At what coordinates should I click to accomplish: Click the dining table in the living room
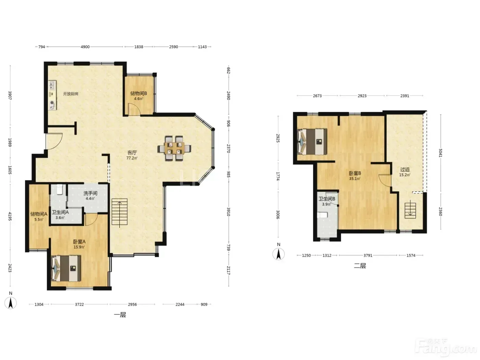coord(174,148)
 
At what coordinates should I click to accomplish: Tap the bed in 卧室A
coord(66,268)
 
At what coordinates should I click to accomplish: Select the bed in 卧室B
coord(312,142)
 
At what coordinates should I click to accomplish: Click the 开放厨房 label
coord(71,94)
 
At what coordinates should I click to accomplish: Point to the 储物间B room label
coord(139,93)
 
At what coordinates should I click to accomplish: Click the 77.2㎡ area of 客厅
coord(132,158)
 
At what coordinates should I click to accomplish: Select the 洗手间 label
coord(90,193)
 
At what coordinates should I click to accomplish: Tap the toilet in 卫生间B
coord(322,215)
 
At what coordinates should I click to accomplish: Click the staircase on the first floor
coord(119,212)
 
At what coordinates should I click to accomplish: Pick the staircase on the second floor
coord(410,210)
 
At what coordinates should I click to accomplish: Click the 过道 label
coord(405,169)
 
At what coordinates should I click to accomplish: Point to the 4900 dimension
coord(85,47)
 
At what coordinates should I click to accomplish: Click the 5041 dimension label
coord(441,153)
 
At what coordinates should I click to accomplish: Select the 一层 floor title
coord(120,315)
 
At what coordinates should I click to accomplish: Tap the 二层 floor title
coord(360,266)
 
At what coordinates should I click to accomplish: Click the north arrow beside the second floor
coord(278,254)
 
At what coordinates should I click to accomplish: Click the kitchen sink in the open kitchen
coord(52,85)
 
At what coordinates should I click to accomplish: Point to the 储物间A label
coord(39,214)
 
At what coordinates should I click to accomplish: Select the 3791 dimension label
coord(368,255)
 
